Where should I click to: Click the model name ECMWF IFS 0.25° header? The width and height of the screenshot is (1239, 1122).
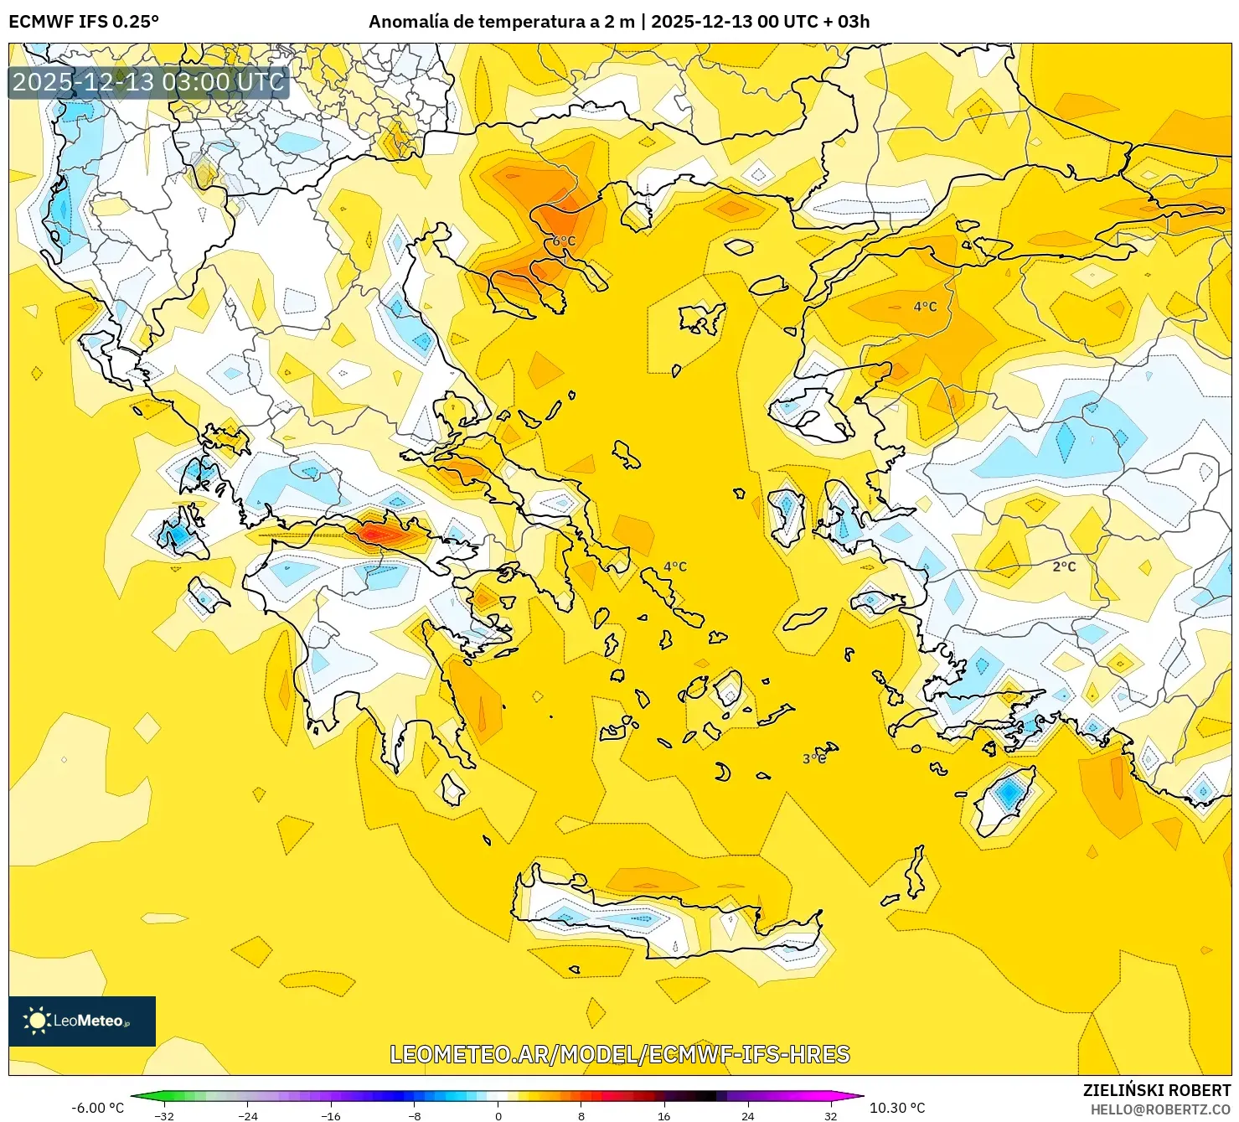click(x=84, y=22)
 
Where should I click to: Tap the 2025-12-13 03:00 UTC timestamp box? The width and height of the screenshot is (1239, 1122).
click(x=148, y=82)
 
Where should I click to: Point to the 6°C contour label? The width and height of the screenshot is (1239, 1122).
click(x=564, y=241)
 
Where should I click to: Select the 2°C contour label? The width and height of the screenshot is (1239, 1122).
click(x=1064, y=566)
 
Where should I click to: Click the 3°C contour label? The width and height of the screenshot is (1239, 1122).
click(x=814, y=758)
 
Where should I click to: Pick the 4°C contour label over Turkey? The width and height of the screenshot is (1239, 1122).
click(x=925, y=307)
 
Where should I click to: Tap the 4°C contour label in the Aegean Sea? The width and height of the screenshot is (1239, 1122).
click(x=674, y=566)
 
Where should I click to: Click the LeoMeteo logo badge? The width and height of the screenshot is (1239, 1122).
click(x=82, y=1021)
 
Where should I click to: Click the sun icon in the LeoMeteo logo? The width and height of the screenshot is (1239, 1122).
click(x=37, y=1021)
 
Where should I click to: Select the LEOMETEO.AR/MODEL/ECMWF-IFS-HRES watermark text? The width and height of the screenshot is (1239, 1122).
click(x=620, y=1054)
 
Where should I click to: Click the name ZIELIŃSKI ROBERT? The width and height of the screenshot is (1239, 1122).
click(x=1157, y=1090)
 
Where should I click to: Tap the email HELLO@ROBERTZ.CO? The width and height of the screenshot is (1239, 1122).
click(x=1160, y=1109)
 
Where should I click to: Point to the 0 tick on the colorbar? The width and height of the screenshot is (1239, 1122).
click(x=498, y=1115)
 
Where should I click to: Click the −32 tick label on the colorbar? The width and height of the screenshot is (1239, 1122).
click(x=165, y=1115)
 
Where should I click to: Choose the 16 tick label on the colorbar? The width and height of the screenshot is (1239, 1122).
click(x=664, y=1115)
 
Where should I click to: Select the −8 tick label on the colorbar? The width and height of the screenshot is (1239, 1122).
click(x=415, y=1115)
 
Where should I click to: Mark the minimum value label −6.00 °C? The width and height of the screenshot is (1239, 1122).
click(x=97, y=1108)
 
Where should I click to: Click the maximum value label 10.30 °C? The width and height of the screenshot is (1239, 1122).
click(x=897, y=1108)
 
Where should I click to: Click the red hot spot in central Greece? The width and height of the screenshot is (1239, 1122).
click(x=374, y=532)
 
